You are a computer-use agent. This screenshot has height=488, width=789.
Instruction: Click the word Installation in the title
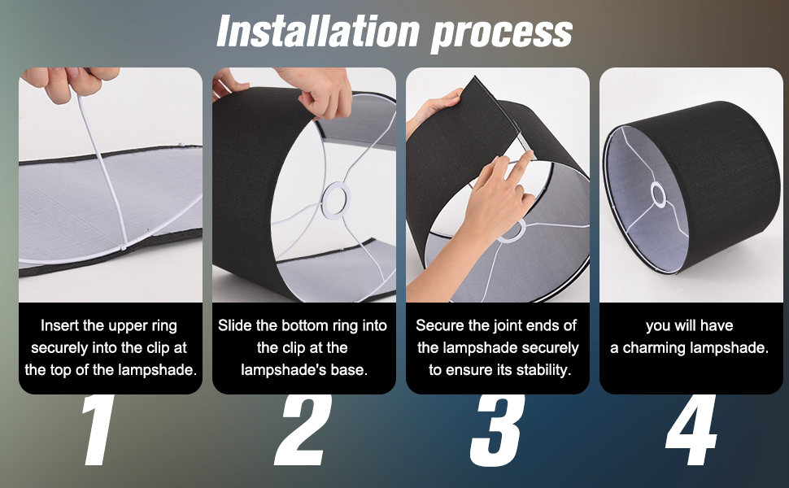pyautogui.click(x=318, y=31)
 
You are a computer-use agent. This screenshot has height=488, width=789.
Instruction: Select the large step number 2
pyautogui.click(x=303, y=430)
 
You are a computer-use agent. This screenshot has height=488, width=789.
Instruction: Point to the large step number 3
pyautogui.click(x=497, y=430)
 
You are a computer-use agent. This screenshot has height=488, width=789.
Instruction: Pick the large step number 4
pyautogui.click(x=691, y=430)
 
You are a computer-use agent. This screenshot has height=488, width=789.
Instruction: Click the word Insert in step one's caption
pyautogui.click(x=59, y=325)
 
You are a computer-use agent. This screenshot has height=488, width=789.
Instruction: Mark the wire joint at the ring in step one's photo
pyautogui.click(x=124, y=247)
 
